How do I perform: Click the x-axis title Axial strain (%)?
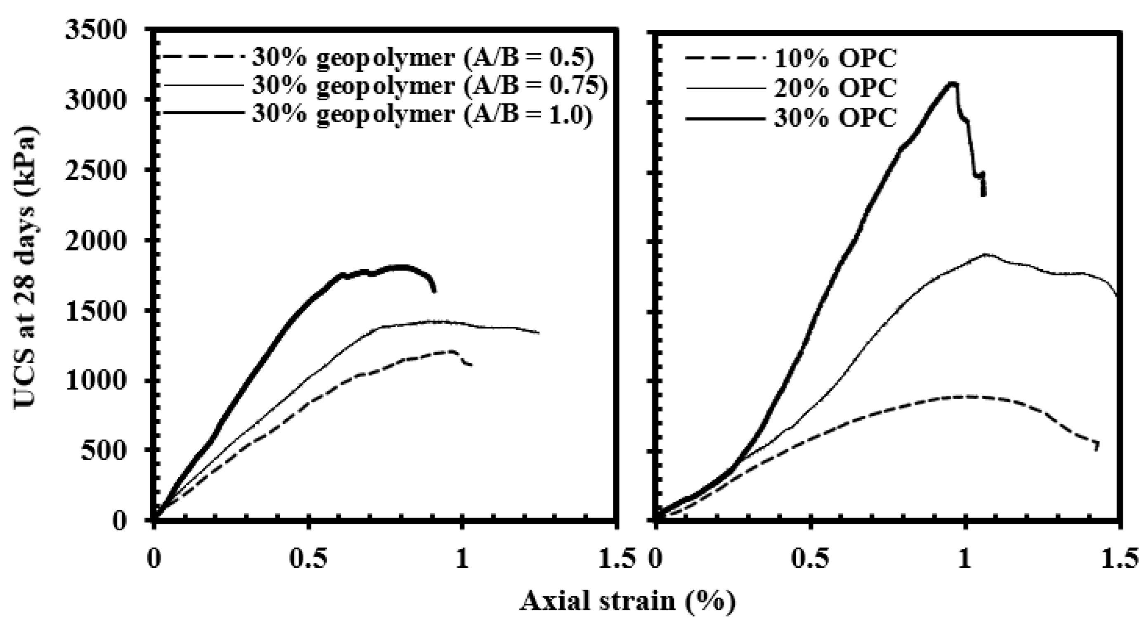pyautogui.click(x=628, y=601)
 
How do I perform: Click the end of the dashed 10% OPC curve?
pyautogui.click(x=1096, y=449)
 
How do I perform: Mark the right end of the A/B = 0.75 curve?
pyautogui.click(x=539, y=333)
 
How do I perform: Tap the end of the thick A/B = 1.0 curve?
pyautogui.click(x=434, y=291)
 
